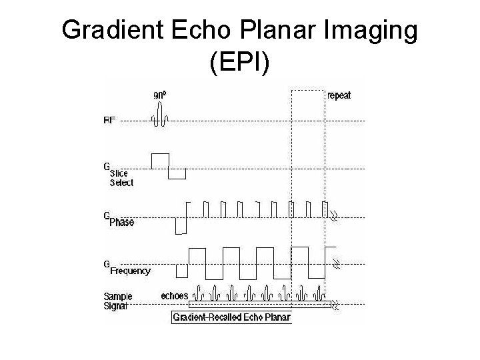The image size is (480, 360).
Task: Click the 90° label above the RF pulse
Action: (160, 95)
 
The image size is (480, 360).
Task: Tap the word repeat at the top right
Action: (339, 95)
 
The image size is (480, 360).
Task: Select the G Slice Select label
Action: (118, 175)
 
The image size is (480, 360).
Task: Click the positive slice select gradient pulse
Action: (160, 160)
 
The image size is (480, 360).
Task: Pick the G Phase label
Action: (118, 219)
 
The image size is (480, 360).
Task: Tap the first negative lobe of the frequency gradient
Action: (182, 271)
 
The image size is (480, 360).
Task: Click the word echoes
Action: (175, 295)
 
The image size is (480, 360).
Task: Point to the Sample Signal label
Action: (117, 301)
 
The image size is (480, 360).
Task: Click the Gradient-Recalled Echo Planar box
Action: (231, 318)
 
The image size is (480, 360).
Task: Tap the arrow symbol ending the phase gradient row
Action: (335, 215)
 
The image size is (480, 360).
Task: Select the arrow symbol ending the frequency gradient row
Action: (336, 264)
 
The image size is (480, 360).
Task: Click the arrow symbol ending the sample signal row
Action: (335, 306)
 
